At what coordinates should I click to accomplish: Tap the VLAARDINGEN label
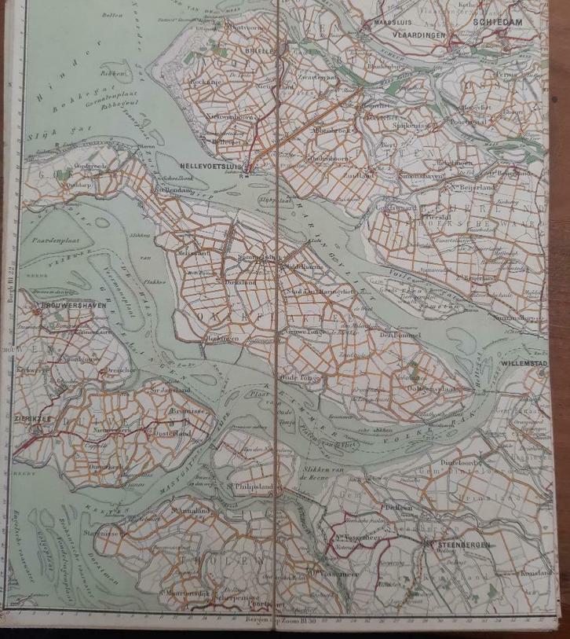(x=421, y=35)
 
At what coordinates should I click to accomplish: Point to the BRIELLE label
(x=260, y=50)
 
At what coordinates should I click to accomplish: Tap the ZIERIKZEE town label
(x=31, y=420)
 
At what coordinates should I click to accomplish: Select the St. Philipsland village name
(x=249, y=487)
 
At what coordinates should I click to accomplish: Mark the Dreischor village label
(x=120, y=369)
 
